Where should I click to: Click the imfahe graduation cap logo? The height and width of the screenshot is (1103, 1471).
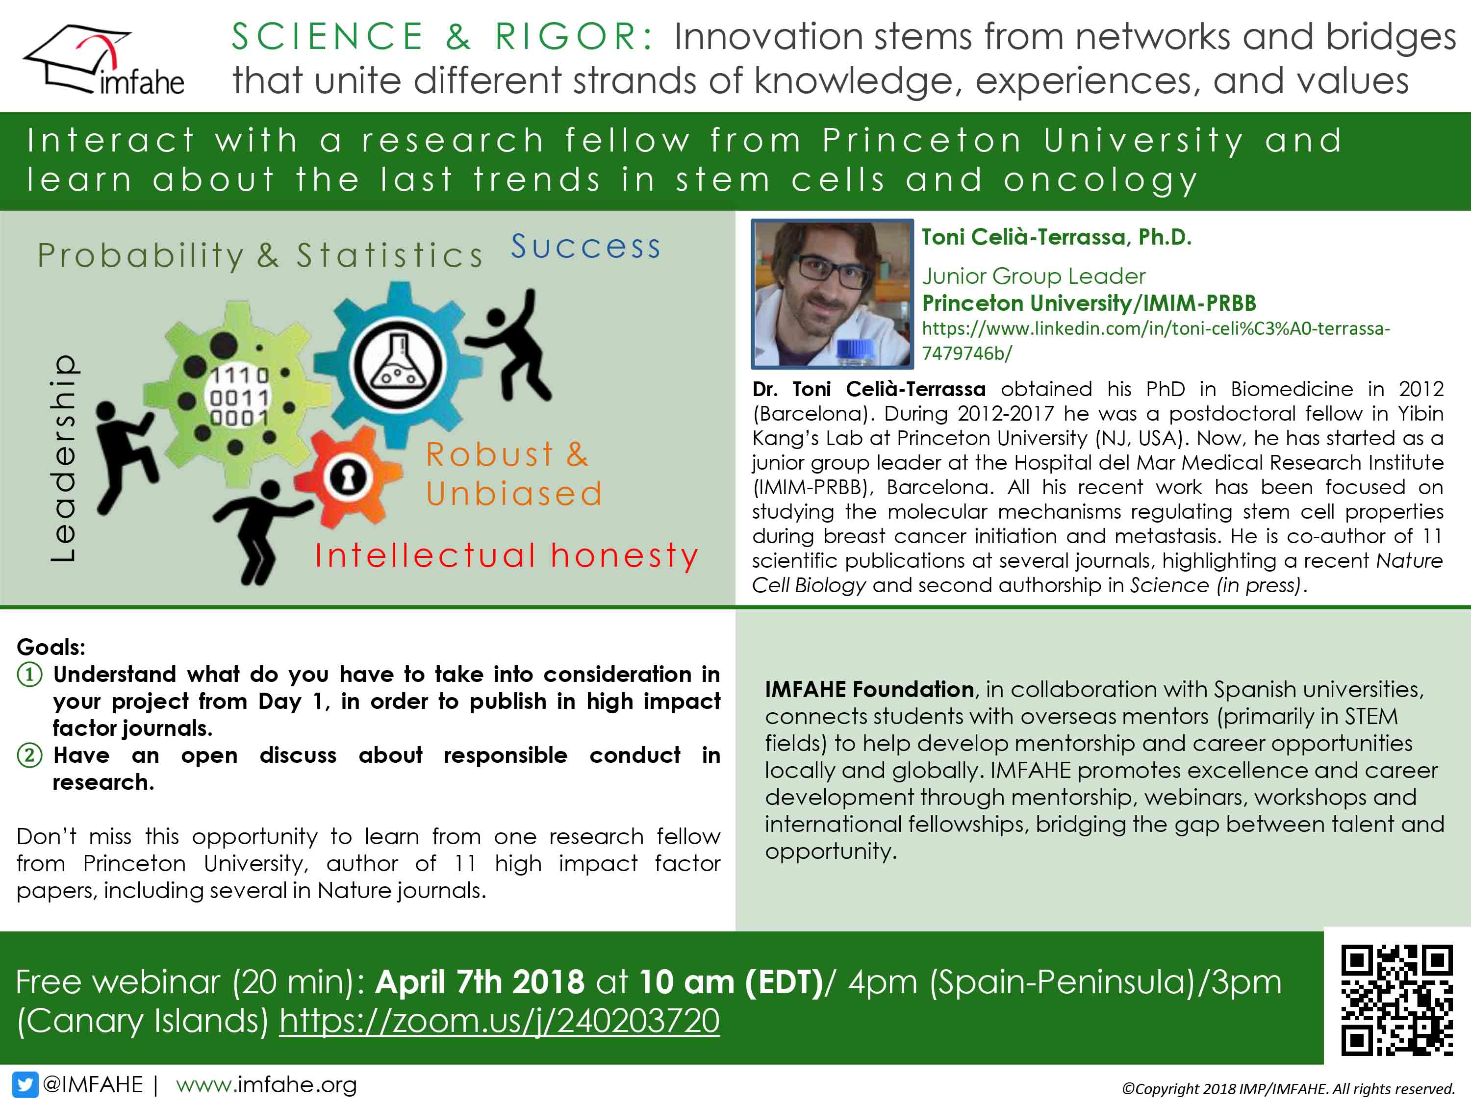(103, 60)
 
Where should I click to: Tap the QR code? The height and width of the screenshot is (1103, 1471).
(1396, 999)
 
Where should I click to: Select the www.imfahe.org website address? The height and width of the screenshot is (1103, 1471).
(266, 1084)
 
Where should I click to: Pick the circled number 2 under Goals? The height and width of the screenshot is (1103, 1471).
(29, 756)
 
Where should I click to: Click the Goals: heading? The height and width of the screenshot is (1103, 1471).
(51, 647)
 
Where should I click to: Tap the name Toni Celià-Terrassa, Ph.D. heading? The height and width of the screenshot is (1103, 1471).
(1056, 237)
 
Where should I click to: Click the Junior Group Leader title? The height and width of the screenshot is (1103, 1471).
(1034, 276)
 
